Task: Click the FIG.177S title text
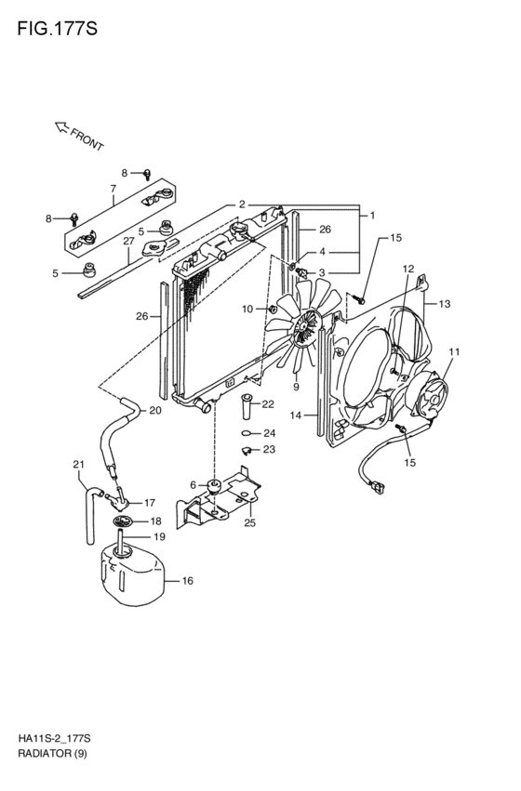tap(57, 29)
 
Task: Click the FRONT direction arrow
tap(61, 127)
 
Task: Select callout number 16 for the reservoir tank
tap(187, 581)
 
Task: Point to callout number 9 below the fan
tap(296, 387)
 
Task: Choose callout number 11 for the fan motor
tap(454, 351)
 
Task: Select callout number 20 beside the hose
tap(155, 410)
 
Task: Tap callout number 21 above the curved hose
tap(78, 464)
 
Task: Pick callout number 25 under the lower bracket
tap(250, 522)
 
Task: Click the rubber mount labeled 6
tap(214, 487)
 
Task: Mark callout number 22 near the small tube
tap(268, 403)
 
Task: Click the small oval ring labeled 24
tap(247, 432)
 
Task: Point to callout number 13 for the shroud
tap(445, 304)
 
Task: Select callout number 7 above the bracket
tap(114, 189)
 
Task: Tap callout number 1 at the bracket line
tap(372, 216)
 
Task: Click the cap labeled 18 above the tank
tap(123, 521)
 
